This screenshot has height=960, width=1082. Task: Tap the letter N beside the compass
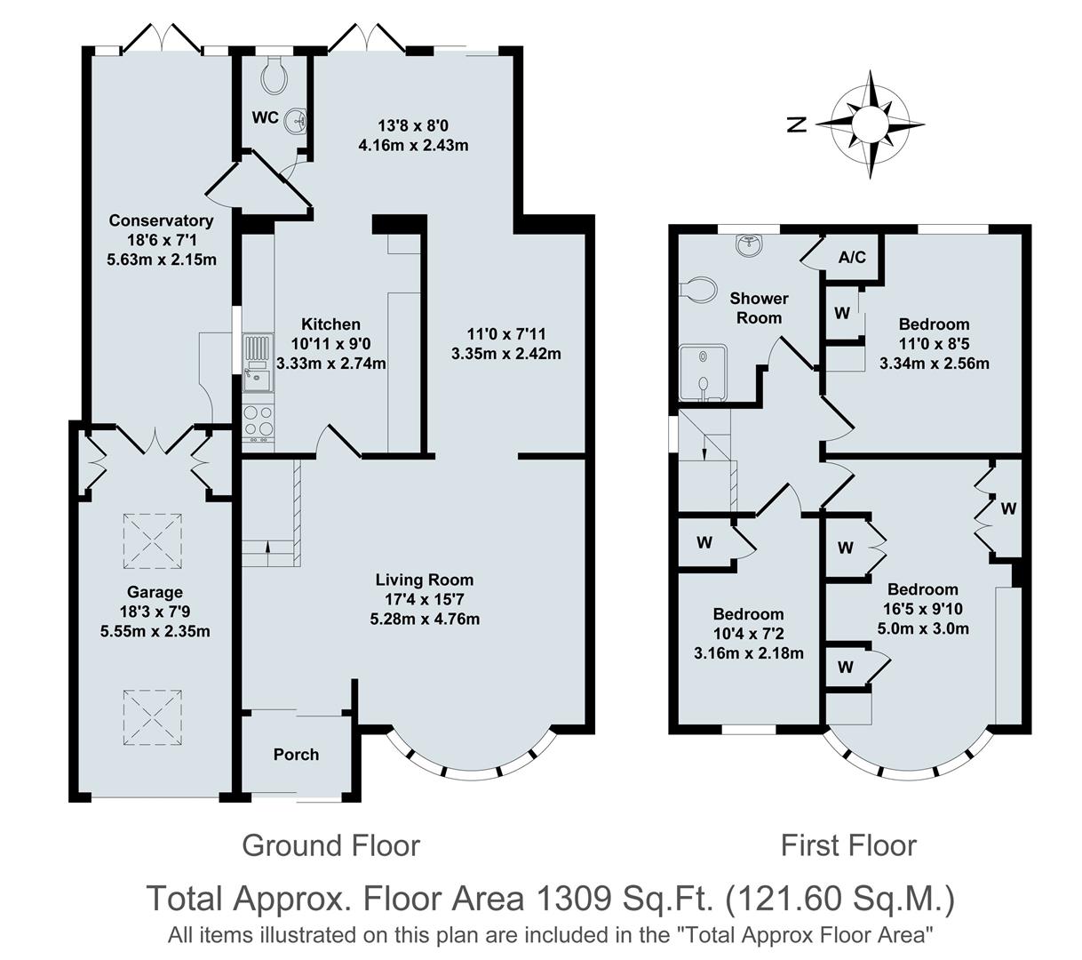[798, 124]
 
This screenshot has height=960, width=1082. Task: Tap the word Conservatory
[161, 220]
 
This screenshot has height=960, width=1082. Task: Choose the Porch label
[296, 754]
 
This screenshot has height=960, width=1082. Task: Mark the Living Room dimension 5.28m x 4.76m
[425, 619]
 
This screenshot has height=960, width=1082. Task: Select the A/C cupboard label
[852, 258]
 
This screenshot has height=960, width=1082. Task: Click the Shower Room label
[760, 308]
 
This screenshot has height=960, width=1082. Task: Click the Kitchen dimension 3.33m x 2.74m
[331, 364]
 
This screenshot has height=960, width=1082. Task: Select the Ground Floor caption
[330, 844]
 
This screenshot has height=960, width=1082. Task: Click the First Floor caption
[848, 844]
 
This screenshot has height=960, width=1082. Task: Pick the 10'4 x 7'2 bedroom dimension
[748, 634]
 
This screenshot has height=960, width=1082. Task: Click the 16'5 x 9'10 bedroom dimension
[923, 609]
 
